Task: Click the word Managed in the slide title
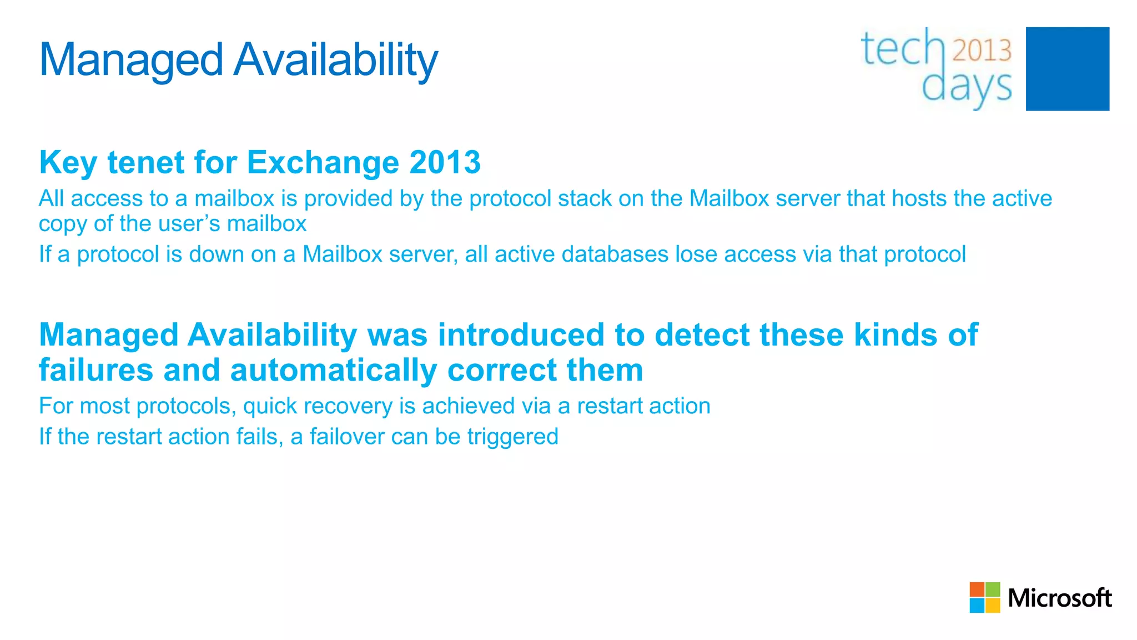(131, 60)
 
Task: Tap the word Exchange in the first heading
(323, 162)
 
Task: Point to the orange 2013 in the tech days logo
(982, 50)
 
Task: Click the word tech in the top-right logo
(903, 49)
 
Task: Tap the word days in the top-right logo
(967, 88)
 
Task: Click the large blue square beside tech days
(1067, 69)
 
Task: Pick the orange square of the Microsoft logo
(977, 589)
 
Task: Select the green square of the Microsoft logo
(993, 589)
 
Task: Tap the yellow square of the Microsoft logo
(993, 605)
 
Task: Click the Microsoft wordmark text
(1059, 598)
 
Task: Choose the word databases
(615, 254)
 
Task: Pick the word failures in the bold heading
(95, 370)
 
